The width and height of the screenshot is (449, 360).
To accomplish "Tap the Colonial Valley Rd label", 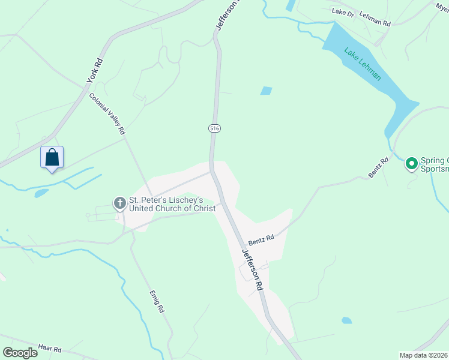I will click(107, 113).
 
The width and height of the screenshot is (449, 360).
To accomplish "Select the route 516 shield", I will click(214, 128).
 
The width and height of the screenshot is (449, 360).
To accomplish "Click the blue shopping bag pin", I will click(52, 158).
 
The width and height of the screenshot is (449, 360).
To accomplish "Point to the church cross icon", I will click(119, 204).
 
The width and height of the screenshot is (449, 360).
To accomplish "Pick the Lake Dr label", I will click(343, 11).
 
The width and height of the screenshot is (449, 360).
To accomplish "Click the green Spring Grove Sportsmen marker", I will click(412, 163).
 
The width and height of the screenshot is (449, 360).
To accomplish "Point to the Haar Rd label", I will click(50, 349).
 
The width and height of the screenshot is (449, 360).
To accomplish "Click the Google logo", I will click(20, 353).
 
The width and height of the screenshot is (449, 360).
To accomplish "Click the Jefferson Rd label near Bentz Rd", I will click(253, 270).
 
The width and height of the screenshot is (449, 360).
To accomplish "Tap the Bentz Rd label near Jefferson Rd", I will click(261, 238).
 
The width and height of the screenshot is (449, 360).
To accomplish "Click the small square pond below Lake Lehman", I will click(266, 91).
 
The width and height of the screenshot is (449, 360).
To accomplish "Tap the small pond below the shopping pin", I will click(41, 193).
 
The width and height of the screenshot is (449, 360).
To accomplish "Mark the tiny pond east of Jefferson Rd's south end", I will click(346, 320).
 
